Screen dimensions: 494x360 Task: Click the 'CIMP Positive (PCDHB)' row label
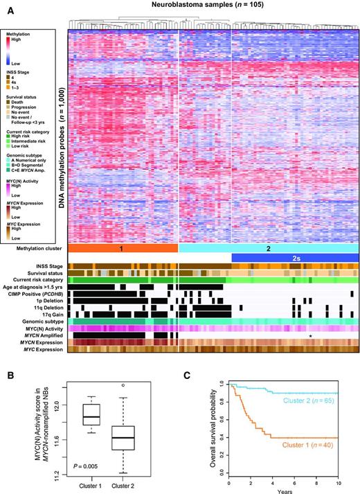[x=33, y=293]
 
